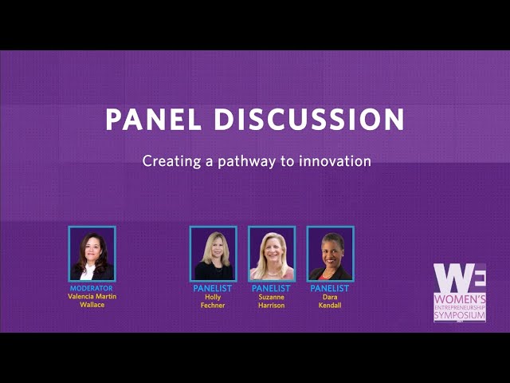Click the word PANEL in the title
(x=154, y=119)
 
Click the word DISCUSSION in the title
(x=309, y=119)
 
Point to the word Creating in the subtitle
(x=171, y=161)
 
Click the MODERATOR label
(x=92, y=288)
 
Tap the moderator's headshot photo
(x=92, y=254)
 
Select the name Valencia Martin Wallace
(x=92, y=301)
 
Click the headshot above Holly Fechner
(x=213, y=254)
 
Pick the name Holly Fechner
(x=213, y=302)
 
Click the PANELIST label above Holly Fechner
(x=213, y=288)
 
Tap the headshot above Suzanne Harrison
(x=272, y=254)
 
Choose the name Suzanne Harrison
(x=271, y=302)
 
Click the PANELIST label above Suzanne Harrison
(x=271, y=288)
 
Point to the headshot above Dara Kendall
(x=330, y=254)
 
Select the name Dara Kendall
(x=330, y=302)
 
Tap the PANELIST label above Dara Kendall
(x=329, y=288)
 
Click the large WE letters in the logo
(x=460, y=278)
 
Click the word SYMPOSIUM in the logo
(x=460, y=315)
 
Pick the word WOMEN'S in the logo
(x=460, y=299)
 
